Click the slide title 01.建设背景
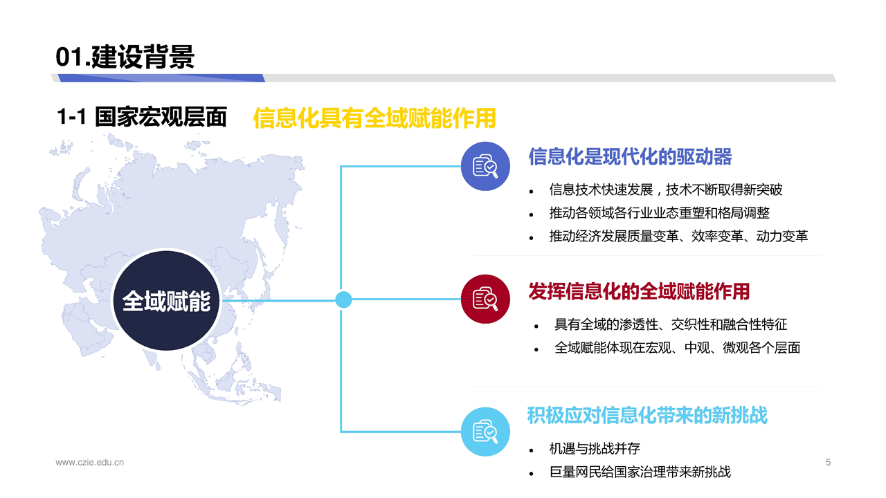click(125, 57)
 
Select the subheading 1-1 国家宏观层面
click(142, 117)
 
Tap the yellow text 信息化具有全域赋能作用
click(374, 118)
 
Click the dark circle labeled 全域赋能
click(167, 300)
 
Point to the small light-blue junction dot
click(343, 299)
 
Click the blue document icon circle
click(485, 166)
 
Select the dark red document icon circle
click(485, 299)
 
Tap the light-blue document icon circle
click(485, 432)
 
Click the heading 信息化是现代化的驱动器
click(630, 156)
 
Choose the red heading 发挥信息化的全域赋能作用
click(639, 291)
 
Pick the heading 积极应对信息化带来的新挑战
click(647, 416)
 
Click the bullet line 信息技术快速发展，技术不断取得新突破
click(666, 190)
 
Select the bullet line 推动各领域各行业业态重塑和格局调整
click(660, 213)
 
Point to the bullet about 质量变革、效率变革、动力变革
click(678, 237)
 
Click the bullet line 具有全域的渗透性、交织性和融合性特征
click(671, 324)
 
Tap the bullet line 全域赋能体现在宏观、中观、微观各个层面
click(677, 348)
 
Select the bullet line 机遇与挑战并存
click(595, 449)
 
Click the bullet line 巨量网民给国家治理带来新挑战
click(640, 472)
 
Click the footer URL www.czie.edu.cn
click(89, 462)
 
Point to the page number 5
click(828, 462)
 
